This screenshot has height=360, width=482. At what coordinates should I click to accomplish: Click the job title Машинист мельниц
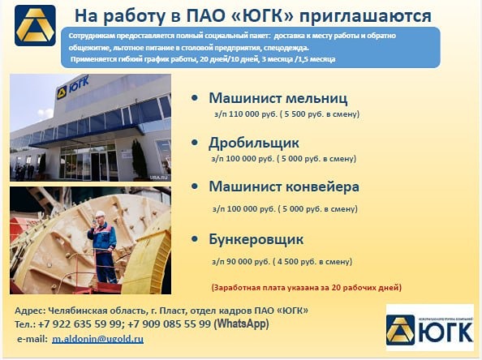tap(278, 98)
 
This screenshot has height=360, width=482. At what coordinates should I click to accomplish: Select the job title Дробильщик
tap(255, 143)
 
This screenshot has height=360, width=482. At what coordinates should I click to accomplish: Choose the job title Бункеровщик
tap(256, 239)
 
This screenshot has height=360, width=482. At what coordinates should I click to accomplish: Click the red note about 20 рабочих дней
tap(306, 287)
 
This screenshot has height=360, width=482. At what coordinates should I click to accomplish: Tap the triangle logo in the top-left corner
tap(35, 25)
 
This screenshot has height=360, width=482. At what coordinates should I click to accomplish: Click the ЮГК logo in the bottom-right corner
tap(428, 328)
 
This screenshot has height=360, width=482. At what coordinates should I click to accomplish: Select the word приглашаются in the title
tap(368, 15)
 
